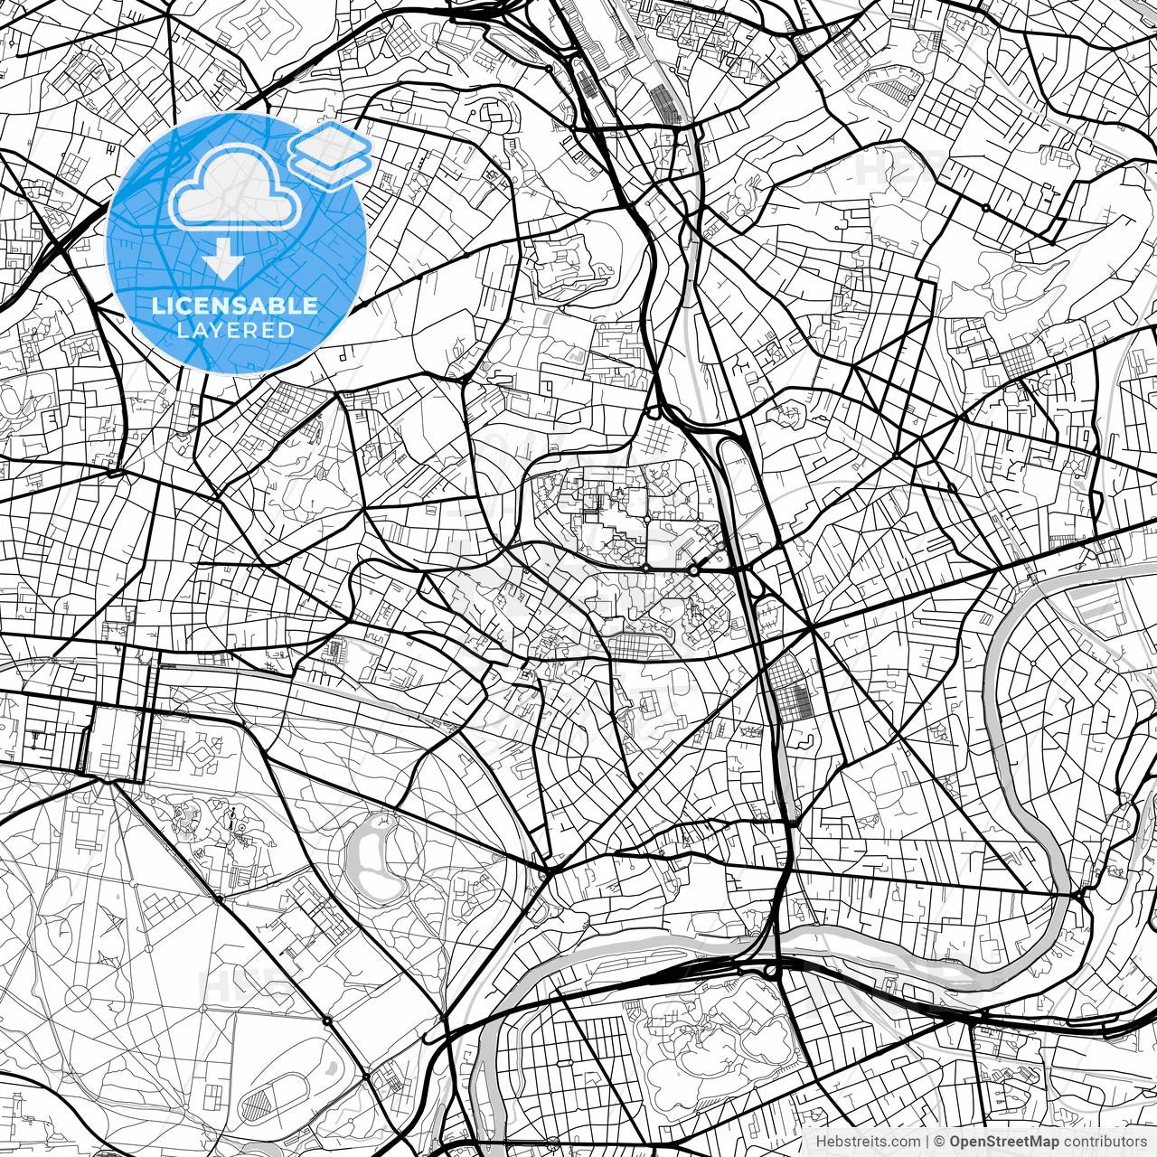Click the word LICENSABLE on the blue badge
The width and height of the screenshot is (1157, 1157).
coord(235,306)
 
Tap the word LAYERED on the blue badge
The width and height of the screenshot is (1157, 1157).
coord(235,330)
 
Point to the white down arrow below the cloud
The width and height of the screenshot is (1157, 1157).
coord(222,262)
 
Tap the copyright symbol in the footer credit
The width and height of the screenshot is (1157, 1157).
coord(939,1142)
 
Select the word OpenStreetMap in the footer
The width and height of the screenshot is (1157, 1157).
coord(1002,1142)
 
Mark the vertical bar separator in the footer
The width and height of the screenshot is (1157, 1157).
coord(927,1142)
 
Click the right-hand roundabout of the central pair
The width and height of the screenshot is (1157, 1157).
coord(693,570)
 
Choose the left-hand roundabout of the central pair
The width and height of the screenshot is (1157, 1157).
coord(646,567)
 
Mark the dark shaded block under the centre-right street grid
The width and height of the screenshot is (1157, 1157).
coord(795,701)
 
